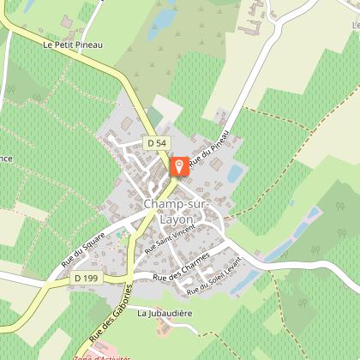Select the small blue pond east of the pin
coord(233,174)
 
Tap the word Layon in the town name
coord(175,219)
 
